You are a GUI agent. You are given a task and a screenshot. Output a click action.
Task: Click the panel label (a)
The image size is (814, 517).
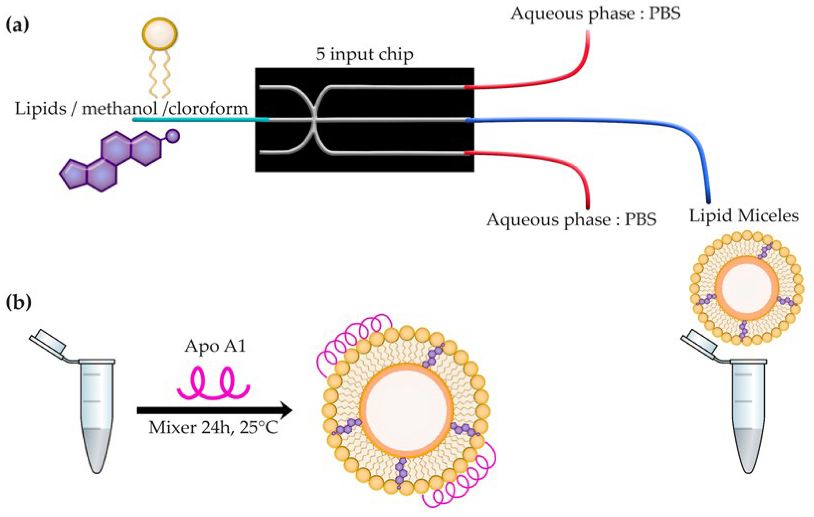pyautogui.click(x=18, y=26)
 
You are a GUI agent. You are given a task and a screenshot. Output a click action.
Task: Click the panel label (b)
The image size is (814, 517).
pyautogui.click(x=19, y=302)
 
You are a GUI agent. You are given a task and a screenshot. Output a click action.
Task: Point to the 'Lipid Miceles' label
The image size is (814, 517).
pyautogui.click(x=744, y=215)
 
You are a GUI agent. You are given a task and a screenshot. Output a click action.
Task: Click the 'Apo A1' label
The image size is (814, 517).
pyautogui.click(x=215, y=347)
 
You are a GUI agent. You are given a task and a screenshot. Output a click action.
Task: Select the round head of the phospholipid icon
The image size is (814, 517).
pyautogui.click(x=159, y=34)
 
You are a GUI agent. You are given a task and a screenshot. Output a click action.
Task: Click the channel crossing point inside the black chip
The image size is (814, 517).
pyautogui.click(x=314, y=119)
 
